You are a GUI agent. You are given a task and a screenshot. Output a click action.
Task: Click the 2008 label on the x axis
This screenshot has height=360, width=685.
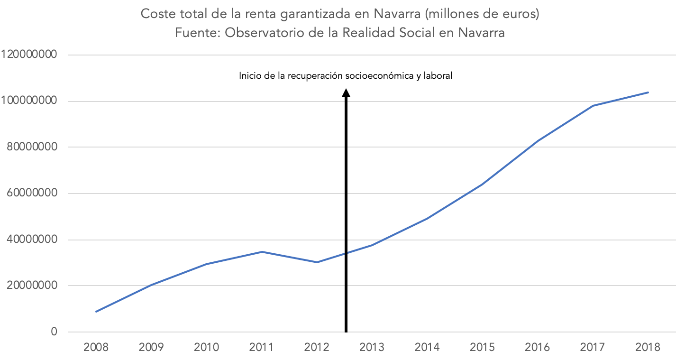click(x=96, y=347)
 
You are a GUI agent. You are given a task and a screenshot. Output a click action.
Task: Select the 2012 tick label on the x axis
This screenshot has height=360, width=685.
click(x=317, y=347)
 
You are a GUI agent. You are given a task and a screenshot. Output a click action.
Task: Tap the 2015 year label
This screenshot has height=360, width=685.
click(x=482, y=347)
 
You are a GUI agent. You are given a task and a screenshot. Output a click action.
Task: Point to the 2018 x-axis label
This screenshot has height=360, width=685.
click(x=648, y=347)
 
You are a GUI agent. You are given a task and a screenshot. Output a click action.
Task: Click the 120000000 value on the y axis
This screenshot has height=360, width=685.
click(x=29, y=55)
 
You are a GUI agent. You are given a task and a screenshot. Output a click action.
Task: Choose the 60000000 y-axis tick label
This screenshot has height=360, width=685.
click(x=33, y=194)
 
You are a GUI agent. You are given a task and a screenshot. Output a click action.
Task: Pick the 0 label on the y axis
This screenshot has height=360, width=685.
click(x=54, y=332)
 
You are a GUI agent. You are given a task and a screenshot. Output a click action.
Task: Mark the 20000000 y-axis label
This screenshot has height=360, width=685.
click(x=33, y=286)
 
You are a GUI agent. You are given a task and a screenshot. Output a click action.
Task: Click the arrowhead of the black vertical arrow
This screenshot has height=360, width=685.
click(x=346, y=92)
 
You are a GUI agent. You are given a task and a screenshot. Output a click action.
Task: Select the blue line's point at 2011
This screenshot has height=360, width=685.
click(x=262, y=252)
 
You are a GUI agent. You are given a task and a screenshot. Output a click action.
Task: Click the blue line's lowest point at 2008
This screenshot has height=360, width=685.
click(x=96, y=312)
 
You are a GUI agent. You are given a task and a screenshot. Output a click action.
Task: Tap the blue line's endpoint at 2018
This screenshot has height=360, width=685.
click(x=648, y=92)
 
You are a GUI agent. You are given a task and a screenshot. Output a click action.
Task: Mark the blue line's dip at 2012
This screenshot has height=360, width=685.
click(x=317, y=262)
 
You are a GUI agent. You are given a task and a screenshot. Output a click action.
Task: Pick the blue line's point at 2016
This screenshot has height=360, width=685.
click(x=538, y=141)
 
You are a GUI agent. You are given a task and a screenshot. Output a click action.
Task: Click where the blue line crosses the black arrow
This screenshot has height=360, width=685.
click(x=346, y=253)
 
